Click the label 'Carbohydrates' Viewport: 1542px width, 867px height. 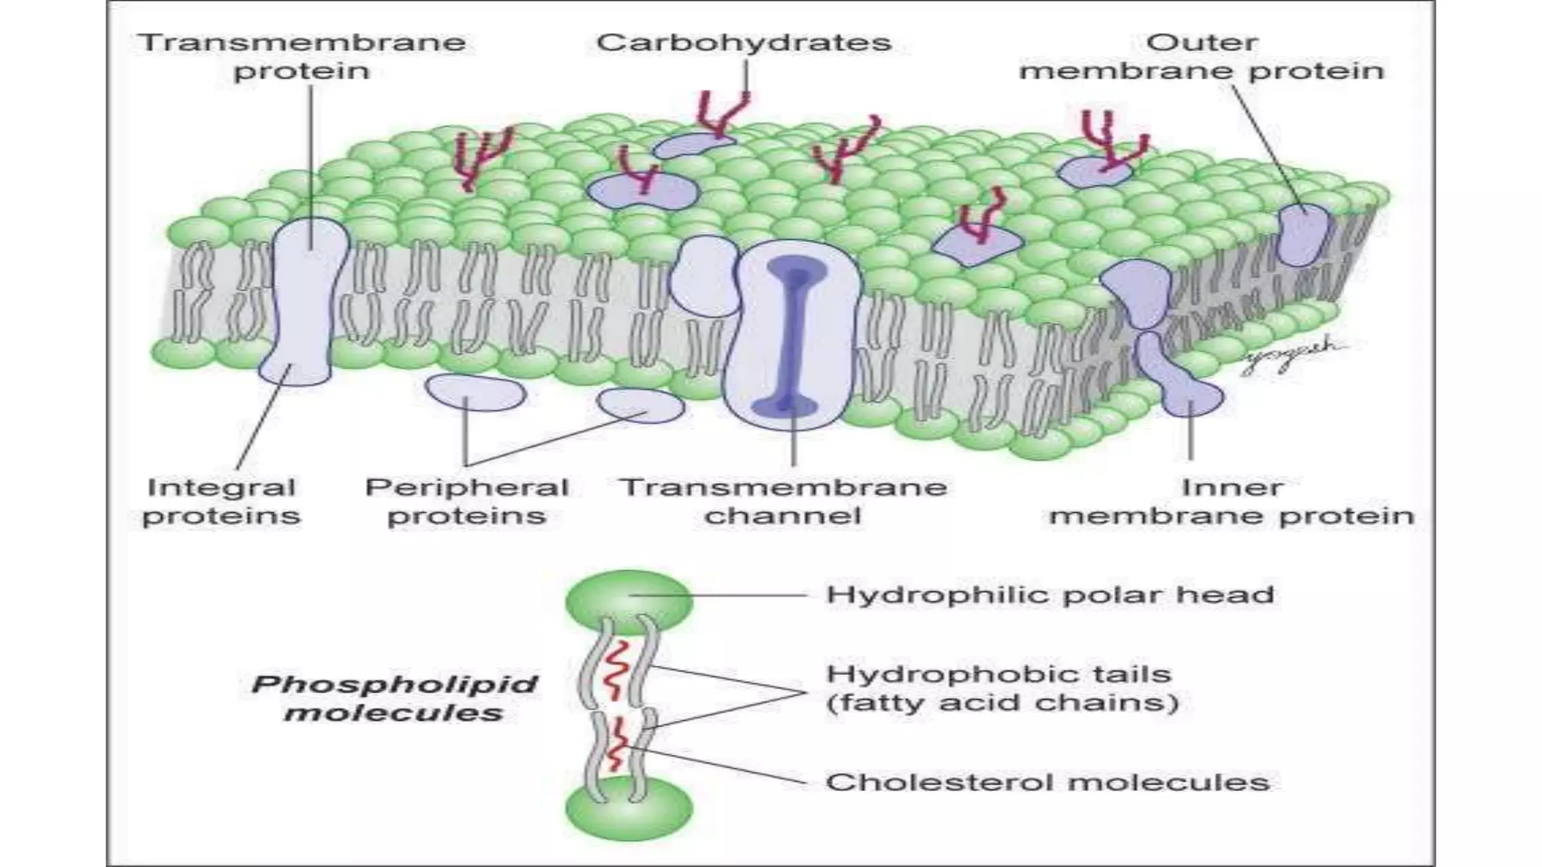tap(744, 43)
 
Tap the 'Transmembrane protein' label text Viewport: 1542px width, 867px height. tap(302, 56)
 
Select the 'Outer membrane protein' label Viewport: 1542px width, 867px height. tap(1202, 56)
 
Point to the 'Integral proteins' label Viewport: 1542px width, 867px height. tap(221, 501)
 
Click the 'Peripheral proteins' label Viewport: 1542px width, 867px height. tap(466, 501)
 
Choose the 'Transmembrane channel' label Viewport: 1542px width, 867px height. tap(783, 501)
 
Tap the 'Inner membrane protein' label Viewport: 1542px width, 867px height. tap(1232, 501)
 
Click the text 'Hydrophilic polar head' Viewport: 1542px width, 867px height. tap(1050, 595)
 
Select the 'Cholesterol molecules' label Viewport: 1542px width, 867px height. tap(1047, 782)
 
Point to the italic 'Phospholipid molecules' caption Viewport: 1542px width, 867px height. tap(394, 698)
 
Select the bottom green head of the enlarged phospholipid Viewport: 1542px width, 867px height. tap(629, 810)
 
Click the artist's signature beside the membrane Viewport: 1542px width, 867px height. tap(1291, 355)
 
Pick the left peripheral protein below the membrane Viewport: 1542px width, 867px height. tap(474, 392)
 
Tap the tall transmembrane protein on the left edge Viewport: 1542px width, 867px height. tap(306, 301)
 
